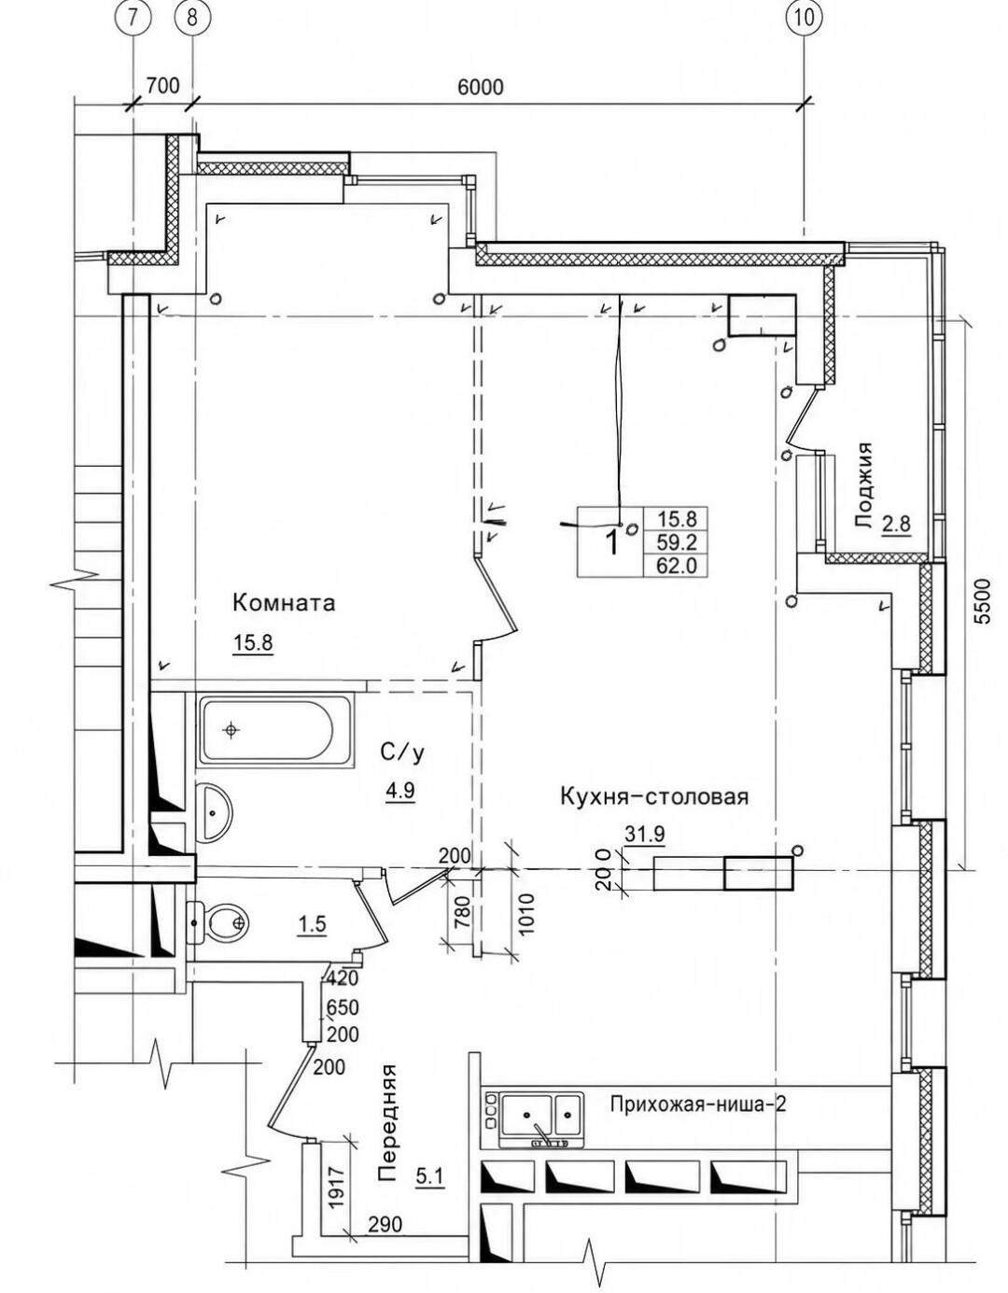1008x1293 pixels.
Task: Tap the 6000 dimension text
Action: pyautogui.click(x=480, y=88)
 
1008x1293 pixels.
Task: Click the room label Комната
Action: pyautogui.click(x=284, y=603)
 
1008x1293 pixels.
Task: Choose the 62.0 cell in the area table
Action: pyautogui.click(x=676, y=565)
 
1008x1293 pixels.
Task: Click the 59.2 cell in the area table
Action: pyautogui.click(x=676, y=541)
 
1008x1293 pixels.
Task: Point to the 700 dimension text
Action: pyautogui.click(x=162, y=86)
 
